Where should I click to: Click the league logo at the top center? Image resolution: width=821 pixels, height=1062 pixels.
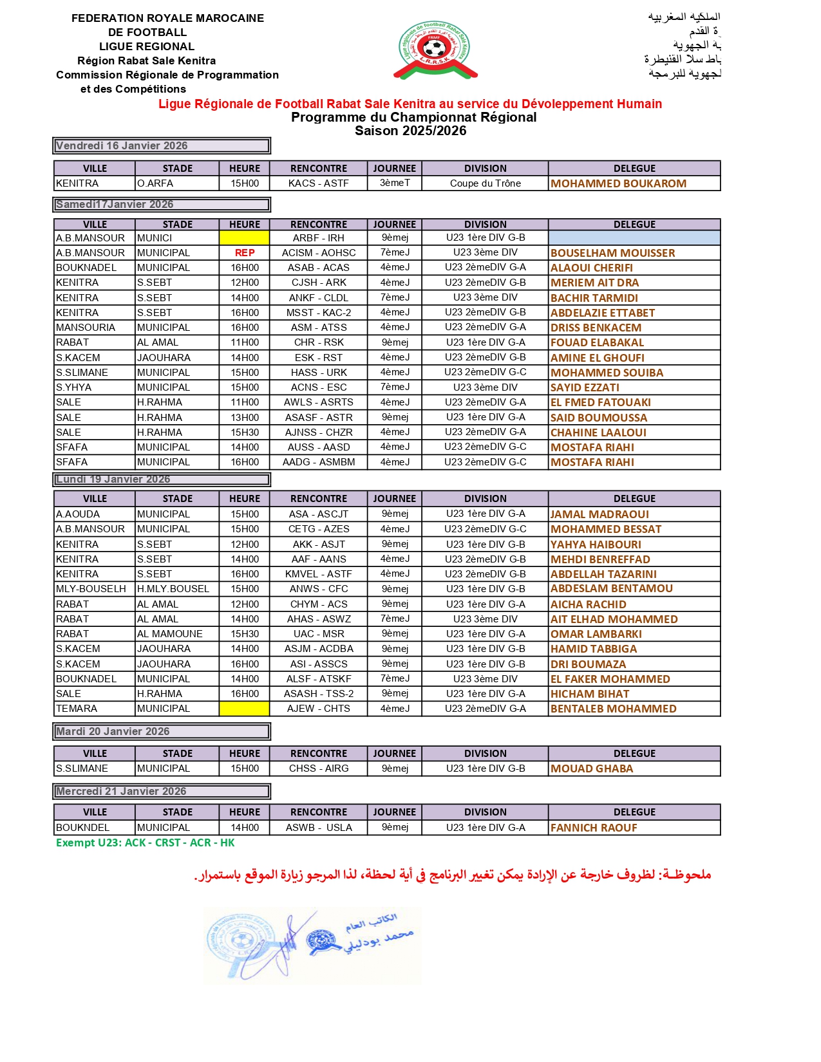tap(433, 50)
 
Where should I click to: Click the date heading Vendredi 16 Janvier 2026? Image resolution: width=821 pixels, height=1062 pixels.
tap(122, 145)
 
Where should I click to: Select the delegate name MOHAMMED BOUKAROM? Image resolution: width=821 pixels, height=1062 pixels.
tap(618, 183)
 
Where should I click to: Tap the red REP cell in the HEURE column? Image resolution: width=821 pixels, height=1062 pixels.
tap(245, 253)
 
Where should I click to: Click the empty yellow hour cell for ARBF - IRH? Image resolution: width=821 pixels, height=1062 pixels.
tap(245, 238)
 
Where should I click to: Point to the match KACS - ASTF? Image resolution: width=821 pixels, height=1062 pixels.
tap(319, 183)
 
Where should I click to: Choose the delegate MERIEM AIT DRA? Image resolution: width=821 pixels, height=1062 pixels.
tap(594, 283)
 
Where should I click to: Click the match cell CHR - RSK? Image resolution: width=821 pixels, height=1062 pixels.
tap(319, 342)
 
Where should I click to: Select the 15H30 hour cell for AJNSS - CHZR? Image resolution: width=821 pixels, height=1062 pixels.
tap(245, 433)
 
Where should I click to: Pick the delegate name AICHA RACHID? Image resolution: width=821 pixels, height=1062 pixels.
tap(588, 604)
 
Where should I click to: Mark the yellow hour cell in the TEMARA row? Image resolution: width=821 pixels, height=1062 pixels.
tap(245, 709)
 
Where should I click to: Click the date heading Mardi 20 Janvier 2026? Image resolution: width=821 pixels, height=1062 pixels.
tap(113, 731)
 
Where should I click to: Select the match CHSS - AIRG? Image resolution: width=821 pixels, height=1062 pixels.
tap(319, 769)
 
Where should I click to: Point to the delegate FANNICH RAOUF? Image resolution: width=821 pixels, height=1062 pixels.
tap(594, 828)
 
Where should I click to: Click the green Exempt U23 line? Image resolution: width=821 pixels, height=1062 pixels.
tap(145, 843)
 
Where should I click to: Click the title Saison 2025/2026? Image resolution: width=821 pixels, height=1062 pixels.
tap(410, 131)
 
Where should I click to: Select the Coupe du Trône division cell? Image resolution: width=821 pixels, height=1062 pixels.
tap(486, 183)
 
